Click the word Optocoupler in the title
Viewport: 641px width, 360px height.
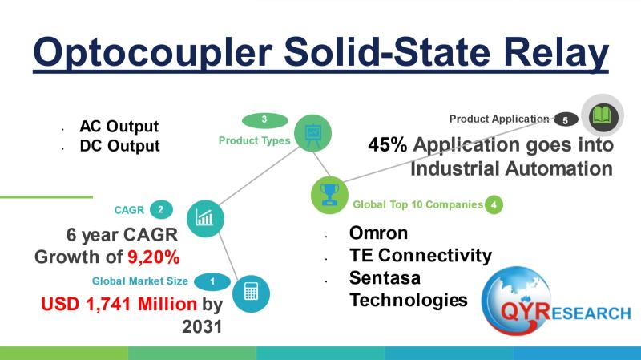(x=153, y=53)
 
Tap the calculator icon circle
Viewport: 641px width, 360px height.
(x=251, y=293)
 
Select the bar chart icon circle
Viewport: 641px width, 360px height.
(x=205, y=218)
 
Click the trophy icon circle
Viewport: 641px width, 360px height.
(x=329, y=195)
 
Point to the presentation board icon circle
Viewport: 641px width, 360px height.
(x=312, y=133)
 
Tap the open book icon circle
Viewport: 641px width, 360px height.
(x=603, y=115)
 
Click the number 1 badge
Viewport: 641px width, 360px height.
(x=212, y=281)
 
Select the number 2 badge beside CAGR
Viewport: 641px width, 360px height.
(x=161, y=210)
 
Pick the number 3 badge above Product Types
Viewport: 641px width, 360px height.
(x=265, y=119)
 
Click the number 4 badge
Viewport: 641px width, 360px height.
(x=494, y=204)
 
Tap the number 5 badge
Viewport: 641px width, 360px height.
(x=566, y=119)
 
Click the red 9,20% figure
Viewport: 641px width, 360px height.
(x=154, y=257)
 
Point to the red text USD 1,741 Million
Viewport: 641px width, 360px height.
(x=119, y=304)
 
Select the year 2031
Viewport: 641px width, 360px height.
(x=202, y=326)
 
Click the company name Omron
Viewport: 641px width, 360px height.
(x=378, y=233)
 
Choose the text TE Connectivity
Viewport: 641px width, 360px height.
(x=421, y=256)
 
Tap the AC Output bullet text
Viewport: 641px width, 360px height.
(x=119, y=127)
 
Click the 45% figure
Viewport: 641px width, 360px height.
(x=388, y=144)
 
